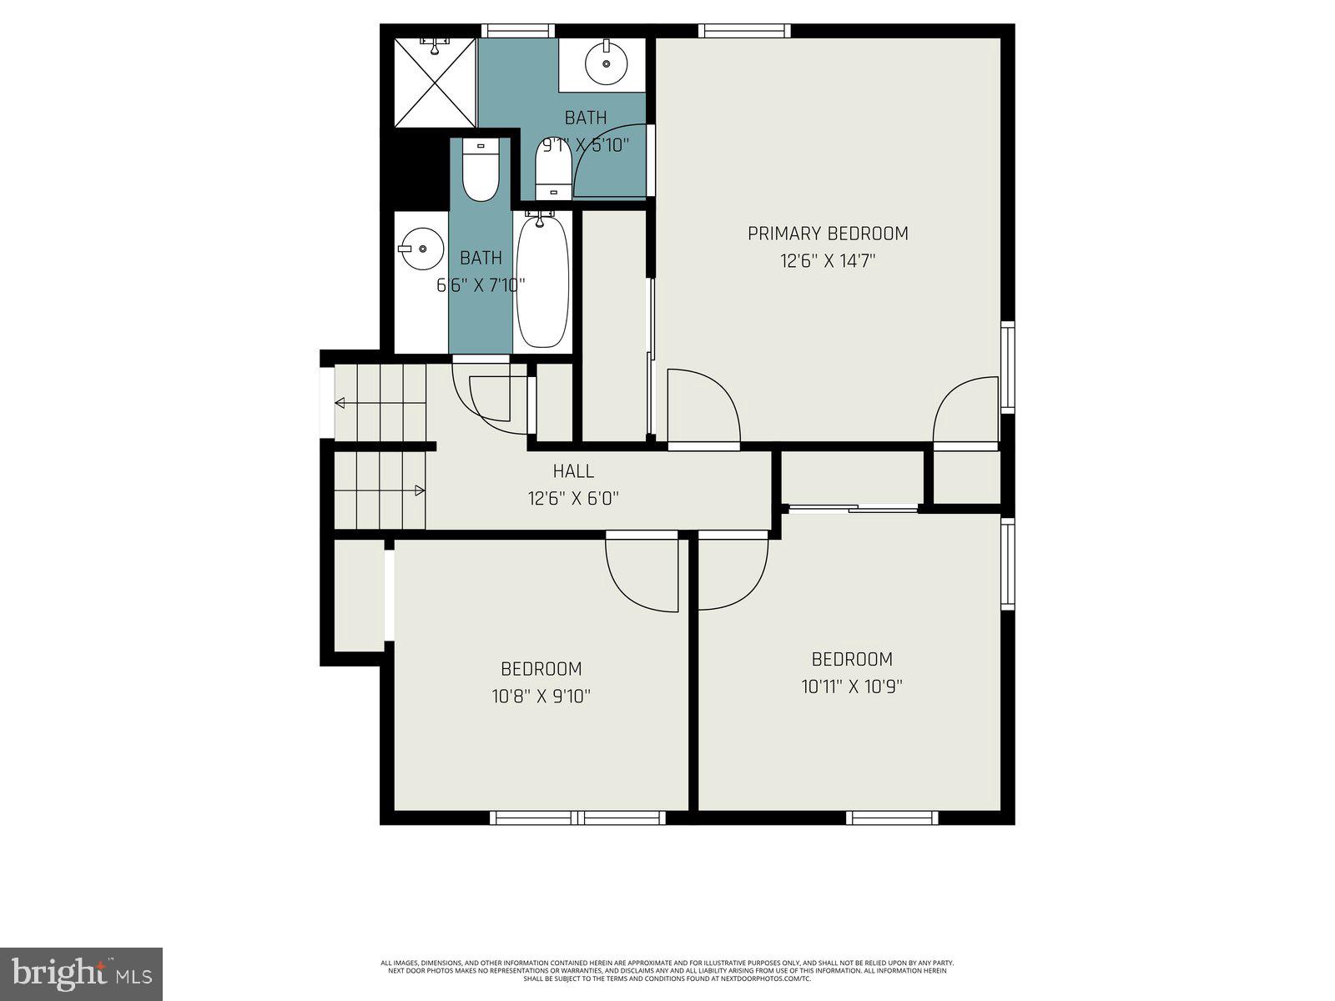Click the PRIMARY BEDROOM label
tap(827, 234)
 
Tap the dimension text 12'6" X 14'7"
tap(827, 261)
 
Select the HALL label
tap(573, 472)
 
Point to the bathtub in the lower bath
tap(542, 280)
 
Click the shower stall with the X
tap(434, 83)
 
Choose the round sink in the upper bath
tap(607, 63)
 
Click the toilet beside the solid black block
tap(480, 172)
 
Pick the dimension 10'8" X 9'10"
tap(541, 697)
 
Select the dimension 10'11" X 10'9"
tap(852, 687)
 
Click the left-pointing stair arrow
tap(340, 403)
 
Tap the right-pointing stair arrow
tap(420, 490)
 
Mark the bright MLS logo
tap(81, 973)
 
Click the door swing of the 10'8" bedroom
tap(642, 576)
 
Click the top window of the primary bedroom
tap(744, 31)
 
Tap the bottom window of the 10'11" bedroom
tap(892, 817)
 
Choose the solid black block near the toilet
tap(415, 172)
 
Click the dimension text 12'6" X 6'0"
tap(573, 499)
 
